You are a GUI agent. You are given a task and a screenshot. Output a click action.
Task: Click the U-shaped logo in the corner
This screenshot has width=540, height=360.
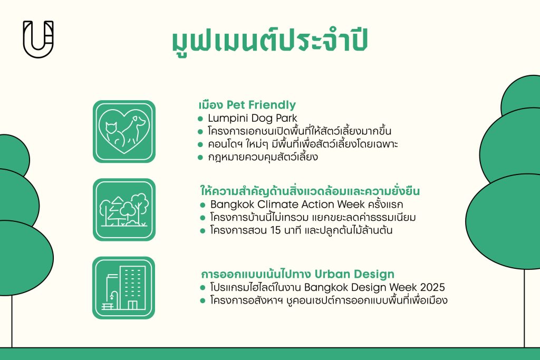click(38, 39)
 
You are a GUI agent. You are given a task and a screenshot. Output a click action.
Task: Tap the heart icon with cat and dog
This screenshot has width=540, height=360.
click(124, 131)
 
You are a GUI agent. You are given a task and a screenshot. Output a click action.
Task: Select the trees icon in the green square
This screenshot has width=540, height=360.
click(124, 210)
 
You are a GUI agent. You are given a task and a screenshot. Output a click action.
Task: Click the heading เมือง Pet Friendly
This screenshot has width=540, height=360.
click(247, 104)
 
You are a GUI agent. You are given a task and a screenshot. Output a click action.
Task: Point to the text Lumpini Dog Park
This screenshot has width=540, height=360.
click(252, 118)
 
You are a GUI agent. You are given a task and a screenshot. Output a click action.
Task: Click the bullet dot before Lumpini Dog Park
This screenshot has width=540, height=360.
click(200, 118)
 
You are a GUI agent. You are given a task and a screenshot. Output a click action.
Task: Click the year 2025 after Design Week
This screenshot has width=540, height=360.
click(432, 288)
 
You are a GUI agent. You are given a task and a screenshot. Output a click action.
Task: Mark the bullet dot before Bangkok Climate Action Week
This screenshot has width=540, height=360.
click(202, 205)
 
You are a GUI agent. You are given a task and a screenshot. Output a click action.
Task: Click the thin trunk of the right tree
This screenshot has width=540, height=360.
click(524, 316)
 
